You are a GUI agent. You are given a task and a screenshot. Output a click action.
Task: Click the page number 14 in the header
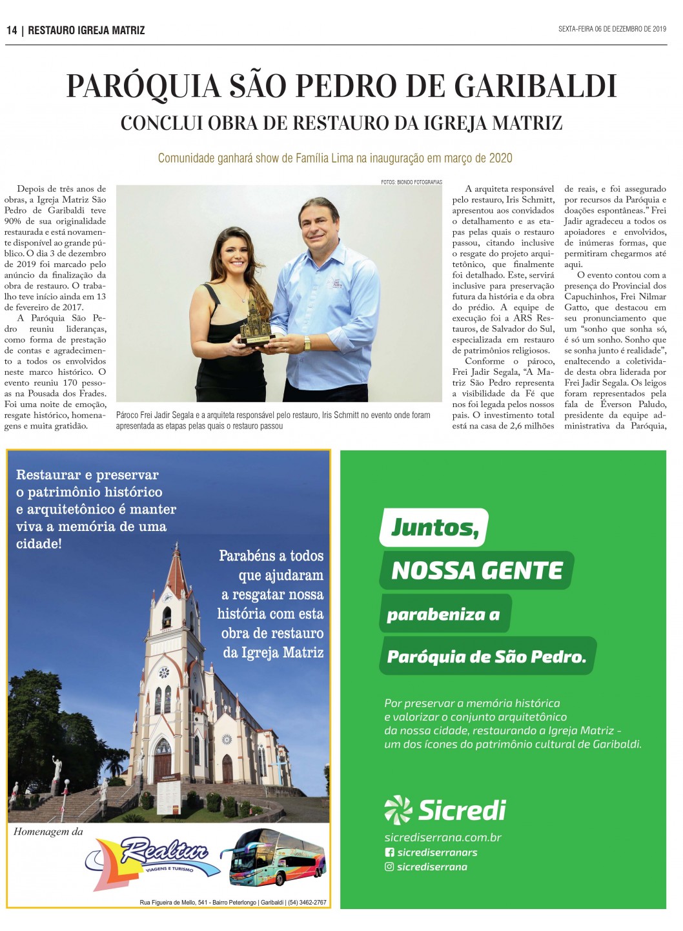[x=12, y=30]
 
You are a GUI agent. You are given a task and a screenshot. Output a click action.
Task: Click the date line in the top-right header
[x=611, y=29]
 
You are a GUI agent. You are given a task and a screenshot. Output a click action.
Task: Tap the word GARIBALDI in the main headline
[x=535, y=86]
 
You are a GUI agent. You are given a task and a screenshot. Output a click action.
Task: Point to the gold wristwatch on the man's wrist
[x=307, y=343]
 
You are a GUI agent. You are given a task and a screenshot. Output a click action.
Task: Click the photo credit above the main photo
[x=411, y=182]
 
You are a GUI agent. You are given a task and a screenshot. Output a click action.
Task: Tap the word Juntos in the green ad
[x=434, y=528]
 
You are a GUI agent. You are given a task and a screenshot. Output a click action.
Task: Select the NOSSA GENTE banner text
[x=476, y=571]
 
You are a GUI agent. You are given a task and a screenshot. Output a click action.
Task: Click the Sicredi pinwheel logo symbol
[x=398, y=810]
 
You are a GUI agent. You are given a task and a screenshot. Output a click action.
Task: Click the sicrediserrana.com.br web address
[x=442, y=837]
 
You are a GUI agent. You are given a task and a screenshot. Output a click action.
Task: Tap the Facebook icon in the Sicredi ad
[x=389, y=852]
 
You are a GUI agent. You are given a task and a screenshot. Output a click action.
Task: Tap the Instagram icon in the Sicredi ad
[x=389, y=867]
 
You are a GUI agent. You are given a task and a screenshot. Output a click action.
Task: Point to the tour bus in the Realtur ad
[x=278, y=857]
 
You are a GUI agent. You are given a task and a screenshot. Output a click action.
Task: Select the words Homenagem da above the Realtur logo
[x=48, y=832]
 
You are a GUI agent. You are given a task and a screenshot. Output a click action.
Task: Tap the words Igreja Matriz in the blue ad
[x=282, y=653]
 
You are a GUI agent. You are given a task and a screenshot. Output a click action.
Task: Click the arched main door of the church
[x=162, y=761]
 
